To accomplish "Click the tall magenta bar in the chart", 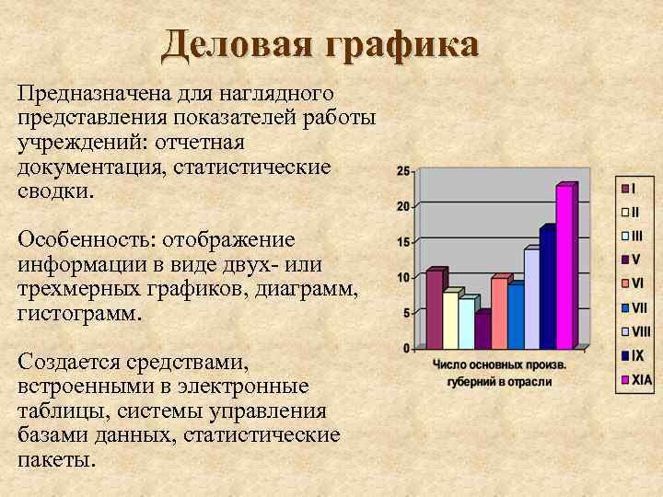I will pos(564,267).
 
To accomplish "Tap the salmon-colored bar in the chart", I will pos(498,313).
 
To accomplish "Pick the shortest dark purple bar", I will pos(482,331).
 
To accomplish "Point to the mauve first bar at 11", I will pos(434,309).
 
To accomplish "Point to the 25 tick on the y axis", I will pos(403,171).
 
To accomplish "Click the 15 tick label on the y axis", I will pos(403,242).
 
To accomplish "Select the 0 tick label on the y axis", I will pos(406,349).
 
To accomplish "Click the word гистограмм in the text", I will pos(76,314).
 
